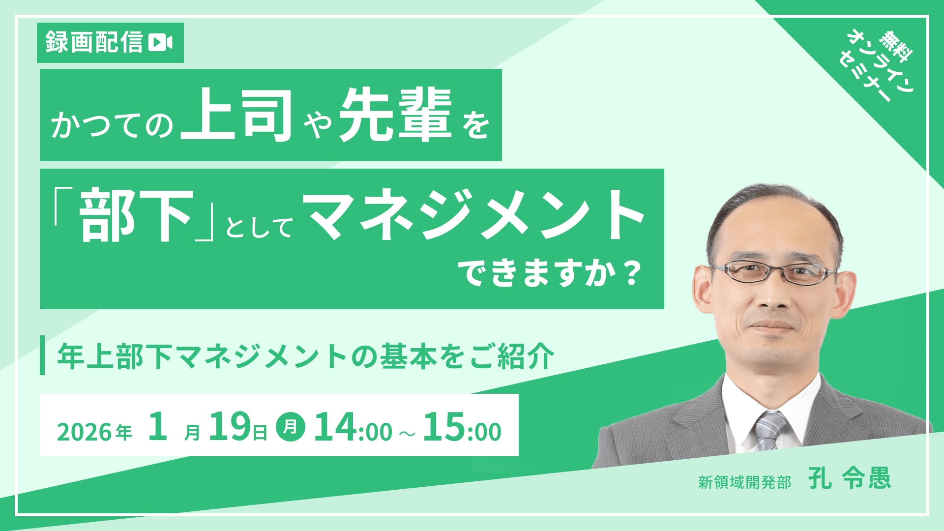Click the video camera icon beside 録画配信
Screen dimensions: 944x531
point(160,42)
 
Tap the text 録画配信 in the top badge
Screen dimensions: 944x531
point(94,42)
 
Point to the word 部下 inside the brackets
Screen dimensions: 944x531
point(136,215)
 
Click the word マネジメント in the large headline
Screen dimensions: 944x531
point(476,215)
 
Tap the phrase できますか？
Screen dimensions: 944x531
point(551,273)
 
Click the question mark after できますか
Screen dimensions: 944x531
point(632,273)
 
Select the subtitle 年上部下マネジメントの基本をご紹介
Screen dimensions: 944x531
point(305,356)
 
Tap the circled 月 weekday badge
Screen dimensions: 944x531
point(291,426)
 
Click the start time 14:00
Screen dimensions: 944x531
point(353,427)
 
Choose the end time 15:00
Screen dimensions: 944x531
point(462,427)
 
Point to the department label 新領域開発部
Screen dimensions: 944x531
point(744,482)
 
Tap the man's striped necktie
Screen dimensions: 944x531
point(770,430)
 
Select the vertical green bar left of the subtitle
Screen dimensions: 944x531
point(42,355)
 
